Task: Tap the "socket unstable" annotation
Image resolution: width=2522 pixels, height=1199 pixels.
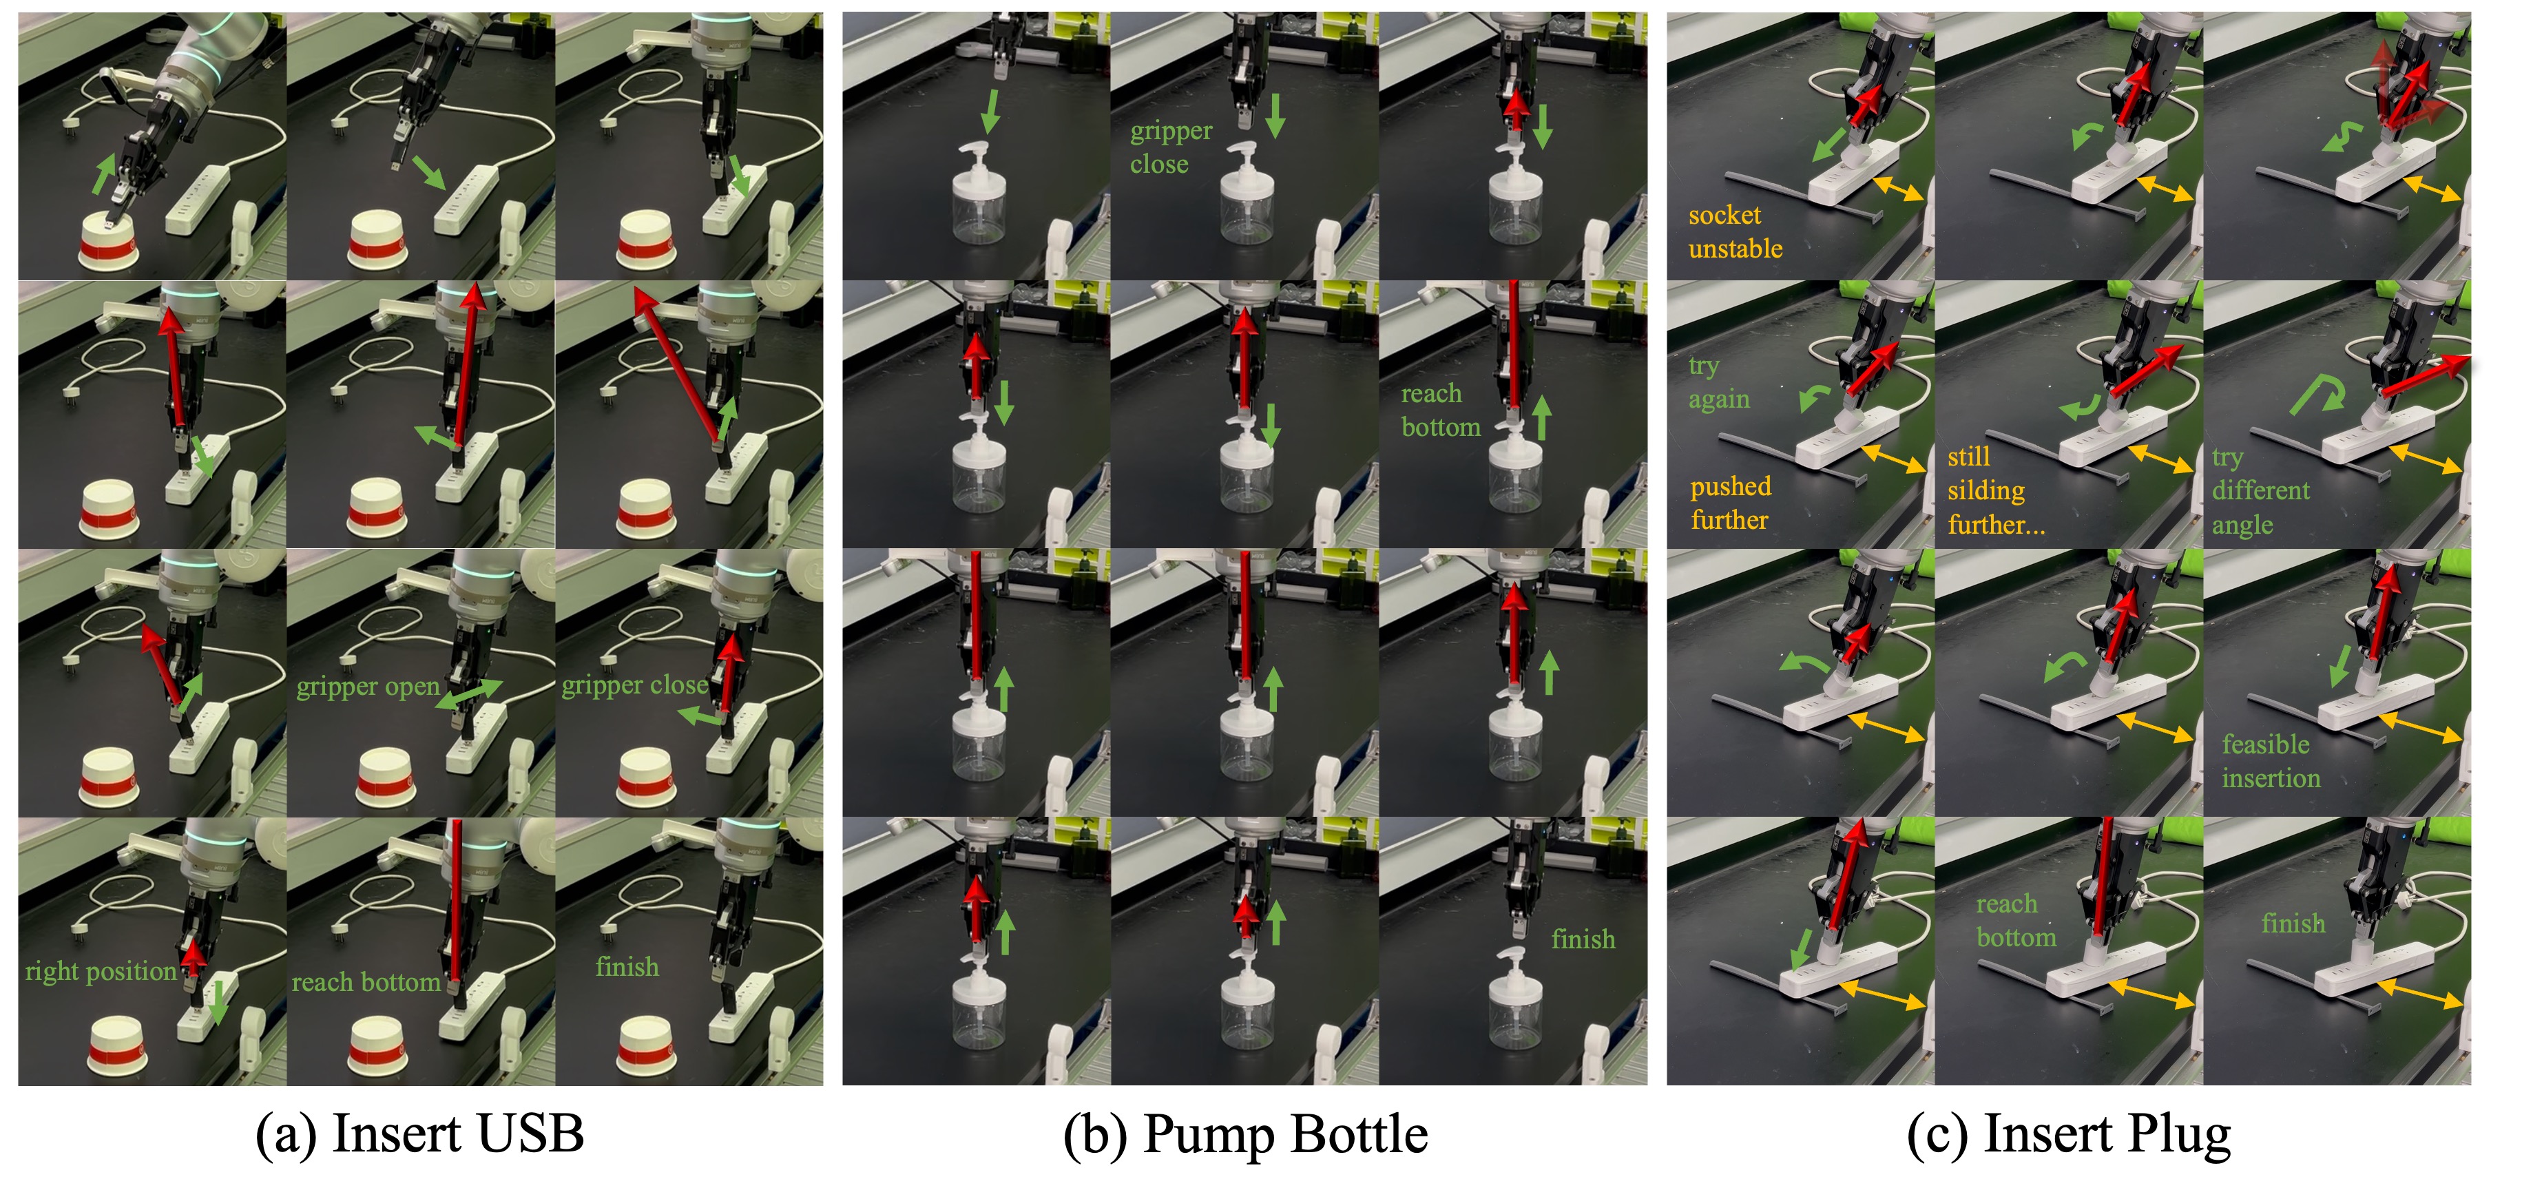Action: coord(1735,232)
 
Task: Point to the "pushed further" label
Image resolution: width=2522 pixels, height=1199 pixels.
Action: coord(1730,502)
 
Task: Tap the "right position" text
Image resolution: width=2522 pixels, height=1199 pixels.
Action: coord(101,971)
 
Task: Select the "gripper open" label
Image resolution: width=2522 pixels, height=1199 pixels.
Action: coord(368,686)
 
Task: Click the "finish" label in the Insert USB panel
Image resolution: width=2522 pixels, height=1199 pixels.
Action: coord(627,967)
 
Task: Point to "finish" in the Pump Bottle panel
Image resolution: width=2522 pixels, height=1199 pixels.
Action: coord(1583,939)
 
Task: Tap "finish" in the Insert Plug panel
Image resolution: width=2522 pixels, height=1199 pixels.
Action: coord(2293,923)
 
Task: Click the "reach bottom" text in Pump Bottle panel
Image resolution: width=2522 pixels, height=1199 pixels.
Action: coord(1440,410)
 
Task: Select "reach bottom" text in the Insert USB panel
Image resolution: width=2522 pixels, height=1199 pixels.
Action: coord(366,981)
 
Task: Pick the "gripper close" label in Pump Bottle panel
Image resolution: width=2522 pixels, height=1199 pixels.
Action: coord(1171,147)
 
